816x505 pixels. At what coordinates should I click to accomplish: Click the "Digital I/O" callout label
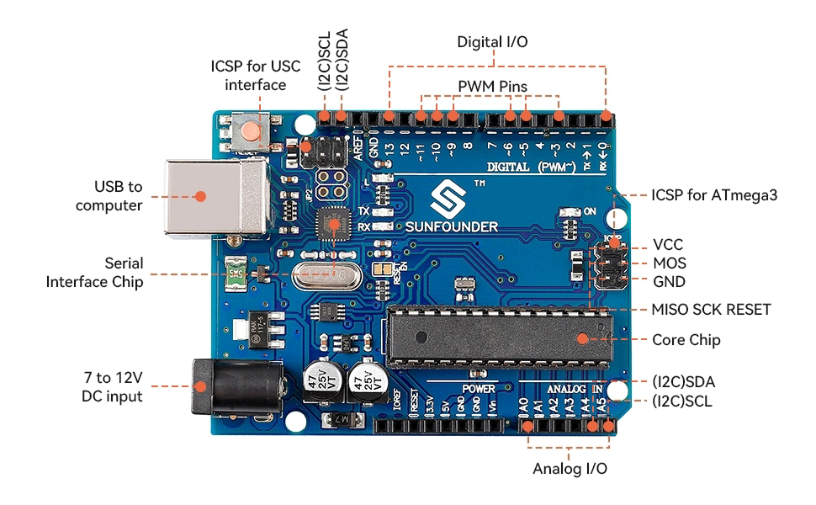[x=492, y=41]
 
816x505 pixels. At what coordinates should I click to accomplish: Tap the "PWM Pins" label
[x=492, y=87]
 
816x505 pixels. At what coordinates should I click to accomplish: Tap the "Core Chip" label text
[x=686, y=340]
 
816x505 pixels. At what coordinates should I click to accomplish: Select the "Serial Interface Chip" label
[x=94, y=273]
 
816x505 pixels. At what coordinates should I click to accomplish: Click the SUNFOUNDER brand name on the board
[x=453, y=226]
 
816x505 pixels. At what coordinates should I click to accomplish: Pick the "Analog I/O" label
[x=570, y=468]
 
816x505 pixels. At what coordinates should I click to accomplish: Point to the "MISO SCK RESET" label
[x=711, y=309]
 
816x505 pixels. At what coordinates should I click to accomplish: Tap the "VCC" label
[x=668, y=245]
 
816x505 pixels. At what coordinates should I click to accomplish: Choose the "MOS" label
[x=669, y=263]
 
